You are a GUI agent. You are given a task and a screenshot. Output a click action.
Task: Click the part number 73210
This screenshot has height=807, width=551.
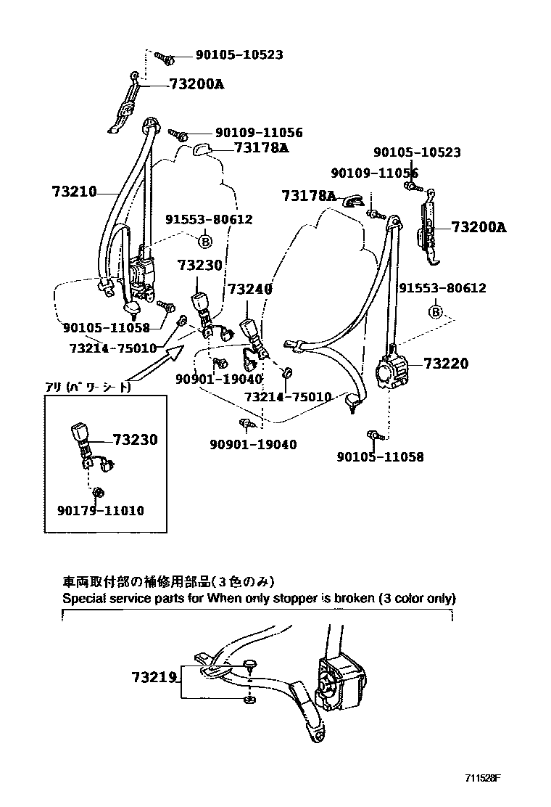pyautogui.click(x=74, y=192)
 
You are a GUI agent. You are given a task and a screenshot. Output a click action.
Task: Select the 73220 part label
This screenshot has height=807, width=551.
pyautogui.click(x=446, y=364)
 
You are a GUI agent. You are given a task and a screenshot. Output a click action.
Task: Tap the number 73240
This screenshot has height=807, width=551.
pyautogui.click(x=250, y=289)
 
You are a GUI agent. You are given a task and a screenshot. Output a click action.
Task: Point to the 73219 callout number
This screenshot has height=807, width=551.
pyautogui.click(x=154, y=677)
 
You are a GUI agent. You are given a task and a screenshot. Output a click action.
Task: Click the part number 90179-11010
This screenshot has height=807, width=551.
pyautogui.click(x=100, y=511)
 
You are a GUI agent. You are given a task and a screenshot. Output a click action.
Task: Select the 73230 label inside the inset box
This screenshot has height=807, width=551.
pyautogui.click(x=135, y=440)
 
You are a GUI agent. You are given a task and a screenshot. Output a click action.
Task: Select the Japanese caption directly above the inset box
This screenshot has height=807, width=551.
pyautogui.click(x=88, y=388)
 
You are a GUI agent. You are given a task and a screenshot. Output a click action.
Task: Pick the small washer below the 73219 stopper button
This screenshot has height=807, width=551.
pyautogui.click(x=249, y=700)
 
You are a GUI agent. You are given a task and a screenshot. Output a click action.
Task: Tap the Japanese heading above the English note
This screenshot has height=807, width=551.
pyautogui.click(x=169, y=582)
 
